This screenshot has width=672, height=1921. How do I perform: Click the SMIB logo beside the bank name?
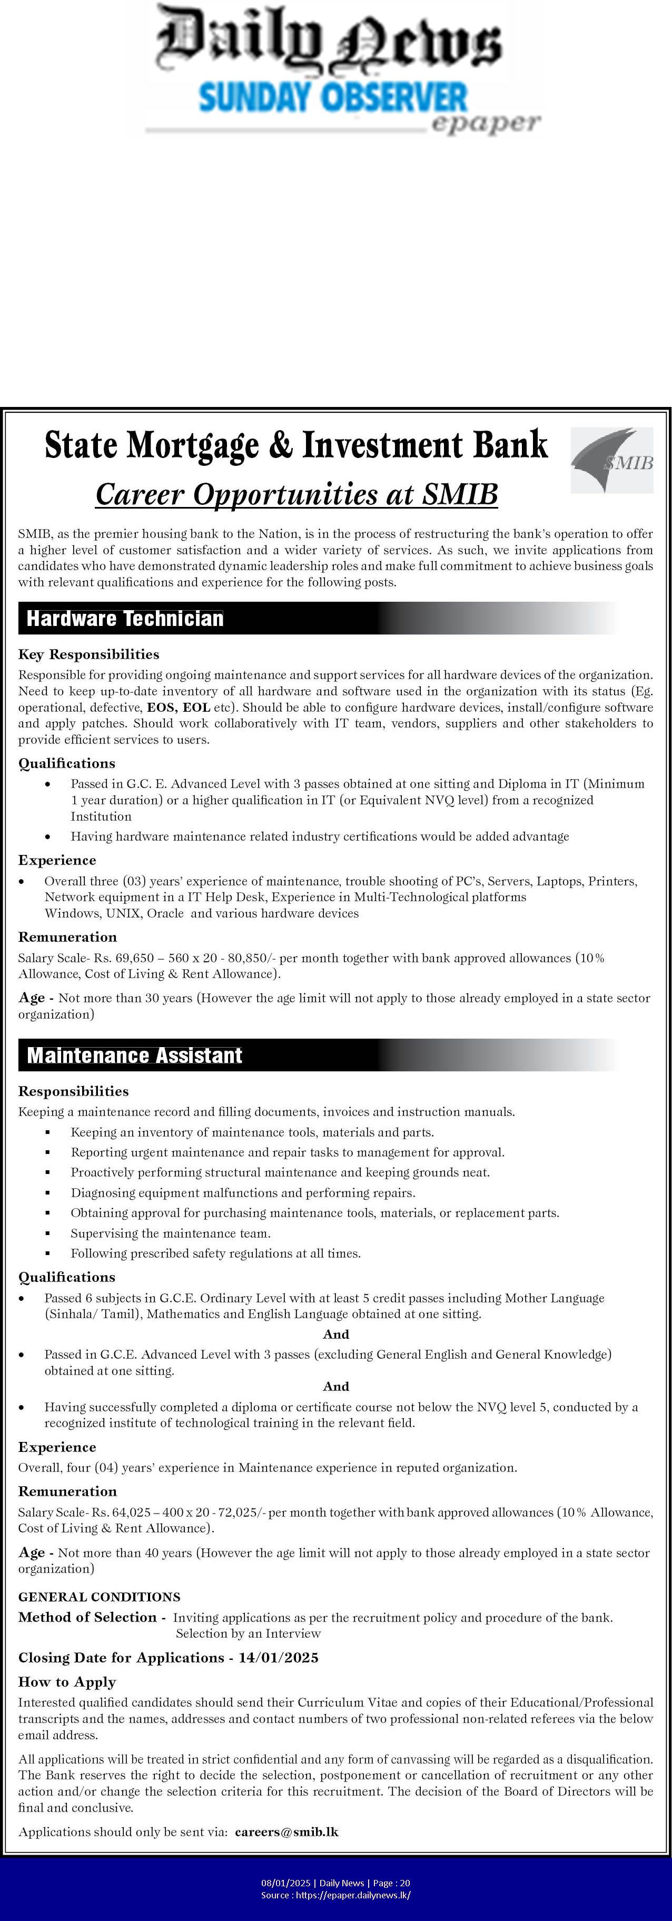pyautogui.click(x=611, y=460)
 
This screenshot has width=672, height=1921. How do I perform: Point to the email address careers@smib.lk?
pyautogui.click(x=286, y=1832)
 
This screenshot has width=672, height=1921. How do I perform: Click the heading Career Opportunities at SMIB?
pyautogui.click(x=296, y=494)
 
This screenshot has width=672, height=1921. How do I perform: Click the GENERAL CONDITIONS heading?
pyautogui.click(x=99, y=1597)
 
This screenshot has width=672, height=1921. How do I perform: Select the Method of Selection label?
pyautogui.click(x=87, y=1617)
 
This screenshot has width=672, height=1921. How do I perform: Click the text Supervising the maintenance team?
pyautogui.click(x=171, y=1233)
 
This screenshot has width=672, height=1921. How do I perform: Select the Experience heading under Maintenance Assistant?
pyautogui.click(x=57, y=1447)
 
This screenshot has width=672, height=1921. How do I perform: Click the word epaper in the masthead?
pyautogui.click(x=485, y=124)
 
